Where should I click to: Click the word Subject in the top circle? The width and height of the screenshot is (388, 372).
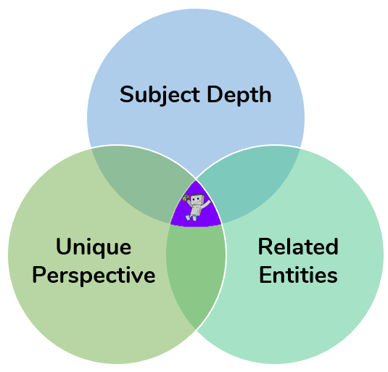pyautogui.click(x=160, y=95)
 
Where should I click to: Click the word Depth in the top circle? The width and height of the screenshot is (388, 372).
pyautogui.click(x=239, y=95)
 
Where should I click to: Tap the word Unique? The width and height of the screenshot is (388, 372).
pyautogui.click(x=94, y=247)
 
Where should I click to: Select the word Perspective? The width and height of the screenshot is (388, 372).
pyautogui.click(x=94, y=276)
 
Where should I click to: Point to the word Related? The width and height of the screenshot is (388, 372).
pyautogui.click(x=298, y=247)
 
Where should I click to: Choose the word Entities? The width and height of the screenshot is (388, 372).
pyautogui.click(x=298, y=275)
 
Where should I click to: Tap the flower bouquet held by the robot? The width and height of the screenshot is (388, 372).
pyautogui.click(x=186, y=197)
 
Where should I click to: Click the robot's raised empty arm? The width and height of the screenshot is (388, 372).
pyautogui.click(x=206, y=204)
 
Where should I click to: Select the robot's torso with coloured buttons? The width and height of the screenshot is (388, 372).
pyautogui.click(x=196, y=210)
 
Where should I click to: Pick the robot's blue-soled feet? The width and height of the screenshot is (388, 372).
pyautogui.click(x=191, y=218)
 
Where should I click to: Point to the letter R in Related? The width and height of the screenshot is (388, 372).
pyautogui.click(x=265, y=247)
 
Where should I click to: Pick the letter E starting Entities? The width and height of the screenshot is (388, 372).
pyautogui.click(x=265, y=275)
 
